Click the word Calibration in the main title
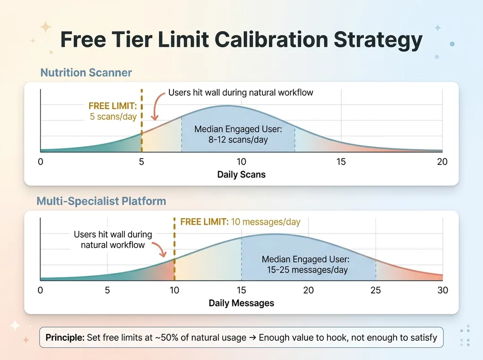pos(271,40)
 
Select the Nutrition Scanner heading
pos(86,73)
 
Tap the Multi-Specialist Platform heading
pos(101,201)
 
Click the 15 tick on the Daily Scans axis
pos(341,162)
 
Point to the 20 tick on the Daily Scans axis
pos(442,162)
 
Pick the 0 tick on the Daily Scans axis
pos(41,162)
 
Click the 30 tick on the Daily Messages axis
pos(442,290)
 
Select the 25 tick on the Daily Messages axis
pos(375,290)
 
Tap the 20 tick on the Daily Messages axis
pos(308,290)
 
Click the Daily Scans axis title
pos(241,174)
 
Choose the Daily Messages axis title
pos(241,303)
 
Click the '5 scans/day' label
pos(113,116)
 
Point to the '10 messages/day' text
pos(266,222)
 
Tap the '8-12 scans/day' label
pos(238,139)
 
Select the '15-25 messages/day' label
pos(307,270)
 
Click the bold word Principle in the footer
pos(65,337)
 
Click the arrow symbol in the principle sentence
pos(252,337)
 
